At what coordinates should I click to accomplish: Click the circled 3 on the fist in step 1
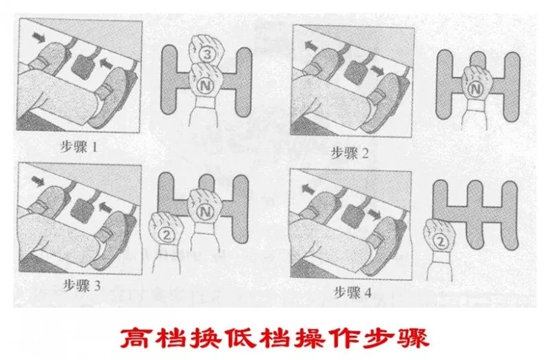(206, 56)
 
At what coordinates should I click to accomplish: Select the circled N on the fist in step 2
(477, 88)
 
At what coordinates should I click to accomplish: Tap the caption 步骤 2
(350, 153)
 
